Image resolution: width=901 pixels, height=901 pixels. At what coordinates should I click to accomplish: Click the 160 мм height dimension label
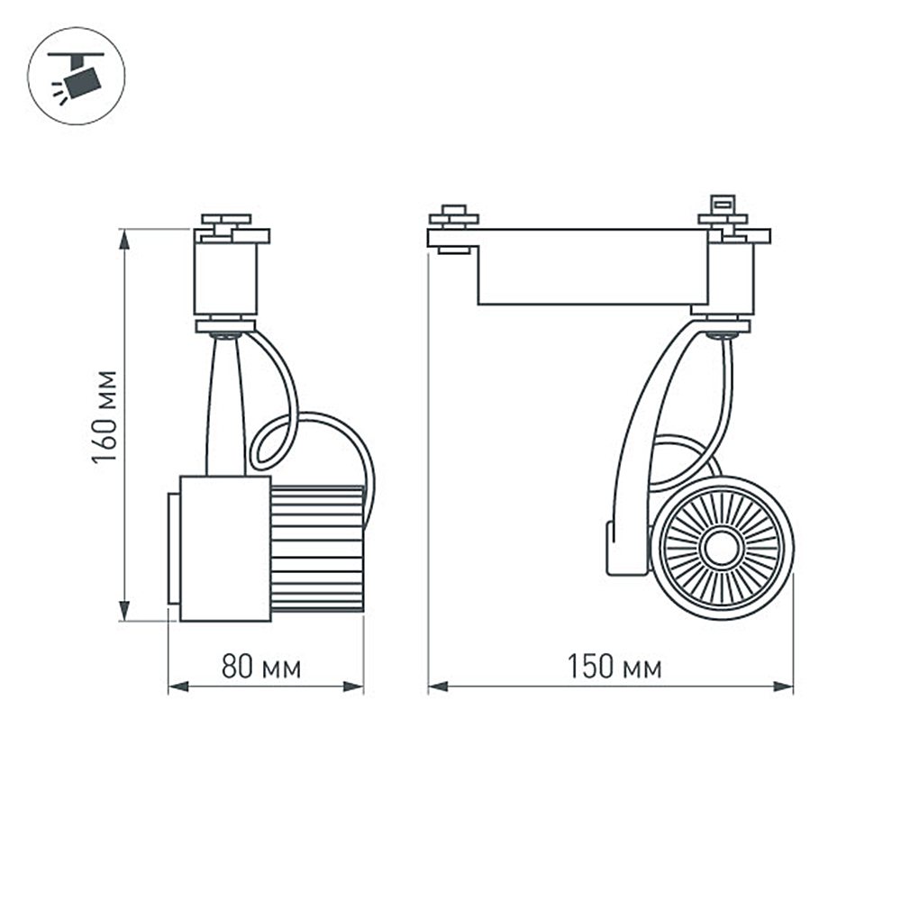[105, 415]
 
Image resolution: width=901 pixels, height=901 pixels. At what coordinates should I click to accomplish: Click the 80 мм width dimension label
[261, 668]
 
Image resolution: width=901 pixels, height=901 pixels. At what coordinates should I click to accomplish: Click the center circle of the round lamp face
[722, 548]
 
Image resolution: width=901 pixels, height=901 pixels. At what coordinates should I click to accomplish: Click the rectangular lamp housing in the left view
[225, 548]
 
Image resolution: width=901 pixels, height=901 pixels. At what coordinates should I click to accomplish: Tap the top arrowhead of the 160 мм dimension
[124, 237]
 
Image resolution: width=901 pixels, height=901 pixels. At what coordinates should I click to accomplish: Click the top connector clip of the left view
[225, 220]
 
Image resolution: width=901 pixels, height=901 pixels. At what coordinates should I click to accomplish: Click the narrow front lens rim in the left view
[173, 548]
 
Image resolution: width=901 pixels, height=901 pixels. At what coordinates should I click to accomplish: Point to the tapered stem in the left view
[225, 405]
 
